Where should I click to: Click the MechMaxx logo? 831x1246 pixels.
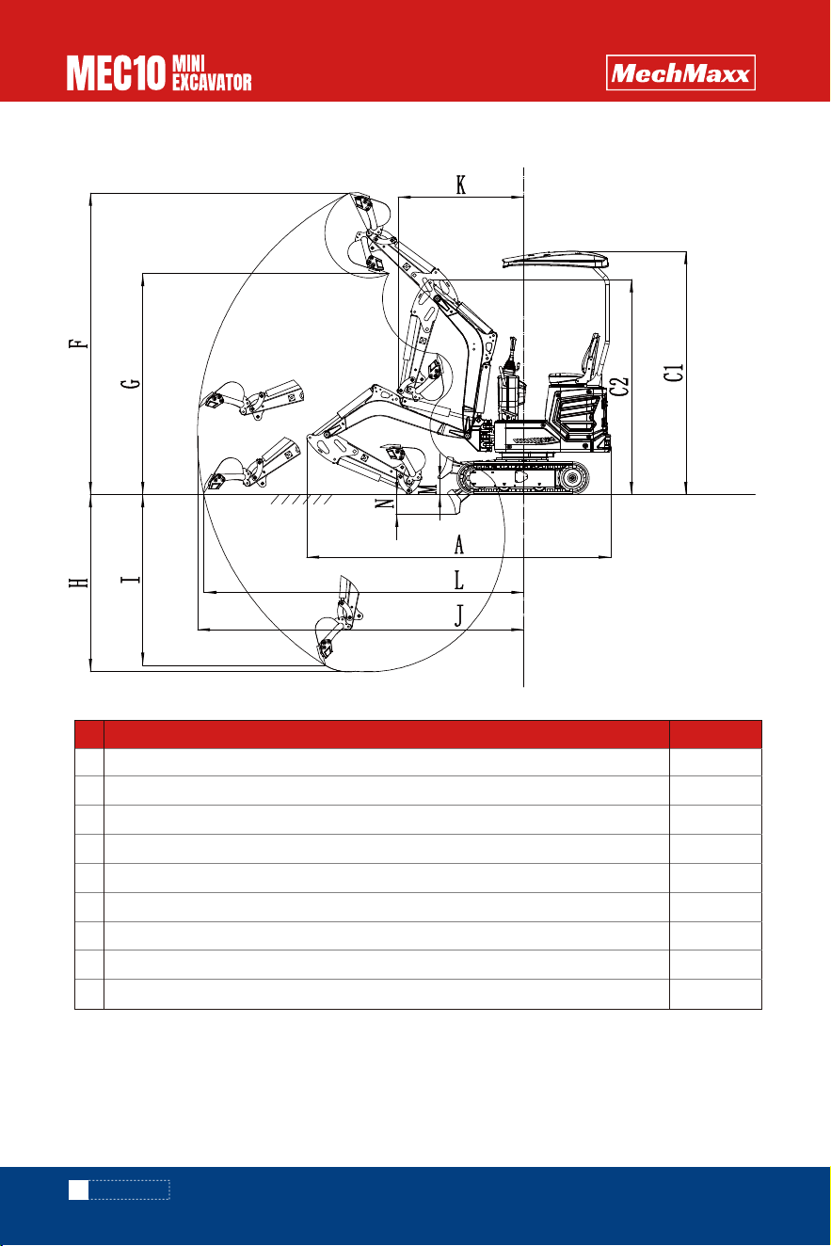680,72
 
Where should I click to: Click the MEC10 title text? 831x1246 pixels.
117,72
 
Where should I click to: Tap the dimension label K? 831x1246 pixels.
460,184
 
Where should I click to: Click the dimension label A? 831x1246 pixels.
458,545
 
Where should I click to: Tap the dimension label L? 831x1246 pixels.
458,580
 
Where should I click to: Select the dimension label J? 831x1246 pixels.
459,616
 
